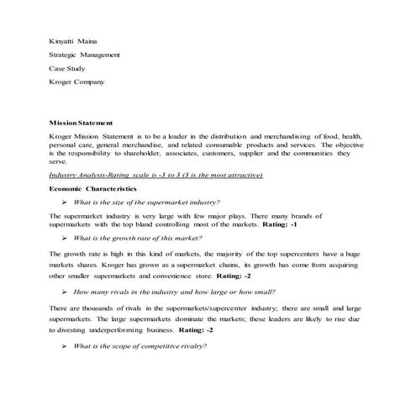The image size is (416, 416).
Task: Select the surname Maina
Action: click(89, 40)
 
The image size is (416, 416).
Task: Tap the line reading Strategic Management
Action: click(85, 55)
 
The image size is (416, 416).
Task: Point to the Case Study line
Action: click(70, 69)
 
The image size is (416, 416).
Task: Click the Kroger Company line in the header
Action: click(77, 82)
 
